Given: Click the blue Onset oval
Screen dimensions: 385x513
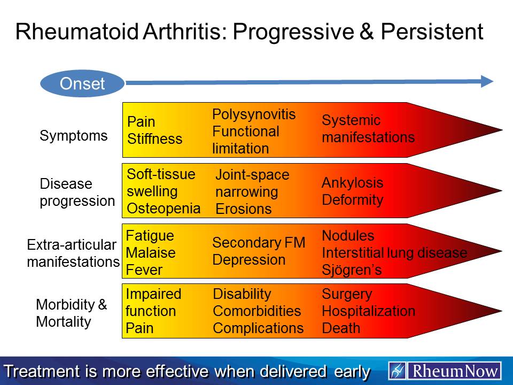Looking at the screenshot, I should tap(82, 83).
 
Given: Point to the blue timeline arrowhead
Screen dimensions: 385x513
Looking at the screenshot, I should tap(487, 81).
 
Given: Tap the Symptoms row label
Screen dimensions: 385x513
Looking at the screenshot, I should tap(73, 136).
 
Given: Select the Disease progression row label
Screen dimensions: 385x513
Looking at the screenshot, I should tap(77, 192).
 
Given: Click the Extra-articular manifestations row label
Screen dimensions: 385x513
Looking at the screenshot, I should tap(73, 253).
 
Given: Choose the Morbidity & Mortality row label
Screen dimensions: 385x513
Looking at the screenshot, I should tap(71, 313).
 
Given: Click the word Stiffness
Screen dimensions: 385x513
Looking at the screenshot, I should tap(154, 139).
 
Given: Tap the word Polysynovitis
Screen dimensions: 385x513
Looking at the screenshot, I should tap(254, 114).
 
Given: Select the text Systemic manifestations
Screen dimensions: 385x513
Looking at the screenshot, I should tap(368, 129).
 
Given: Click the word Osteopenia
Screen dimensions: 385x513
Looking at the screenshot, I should tap(164, 208).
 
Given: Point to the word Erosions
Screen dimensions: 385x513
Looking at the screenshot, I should tap(243, 209).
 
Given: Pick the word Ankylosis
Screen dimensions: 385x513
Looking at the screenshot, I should tap(352, 183).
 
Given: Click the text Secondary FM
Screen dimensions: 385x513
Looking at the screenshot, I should tap(259, 243).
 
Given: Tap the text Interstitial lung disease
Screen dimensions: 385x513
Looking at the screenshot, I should tap(394, 253).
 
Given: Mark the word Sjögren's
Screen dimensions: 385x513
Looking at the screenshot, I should tap(352, 270).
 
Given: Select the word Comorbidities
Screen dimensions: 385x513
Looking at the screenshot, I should tap(256, 311).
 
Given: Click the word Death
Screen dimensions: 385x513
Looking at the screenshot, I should tap(341, 328).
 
